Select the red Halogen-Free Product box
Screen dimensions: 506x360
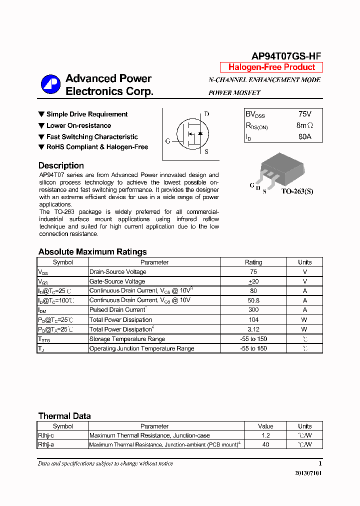click(x=271, y=67)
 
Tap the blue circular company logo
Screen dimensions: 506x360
click(x=50, y=84)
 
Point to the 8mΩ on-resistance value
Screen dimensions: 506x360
click(x=304, y=125)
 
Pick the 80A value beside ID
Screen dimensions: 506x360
click(x=304, y=136)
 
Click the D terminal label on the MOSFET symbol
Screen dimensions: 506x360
click(x=206, y=114)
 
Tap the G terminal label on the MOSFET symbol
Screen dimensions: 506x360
click(x=167, y=141)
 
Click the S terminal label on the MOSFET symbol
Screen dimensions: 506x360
click(x=206, y=152)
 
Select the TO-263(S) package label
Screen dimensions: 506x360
click(x=297, y=191)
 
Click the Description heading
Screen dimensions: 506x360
click(x=61, y=165)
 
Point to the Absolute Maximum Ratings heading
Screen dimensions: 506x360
click(x=92, y=252)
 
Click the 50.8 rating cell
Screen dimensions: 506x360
click(x=253, y=300)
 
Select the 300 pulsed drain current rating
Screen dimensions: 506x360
click(x=253, y=310)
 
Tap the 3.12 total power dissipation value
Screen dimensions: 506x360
click(x=253, y=329)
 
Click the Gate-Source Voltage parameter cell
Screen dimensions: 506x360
click(x=117, y=281)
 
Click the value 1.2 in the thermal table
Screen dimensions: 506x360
click(x=265, y=436)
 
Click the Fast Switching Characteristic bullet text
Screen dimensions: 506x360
click(x=92, y=136)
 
